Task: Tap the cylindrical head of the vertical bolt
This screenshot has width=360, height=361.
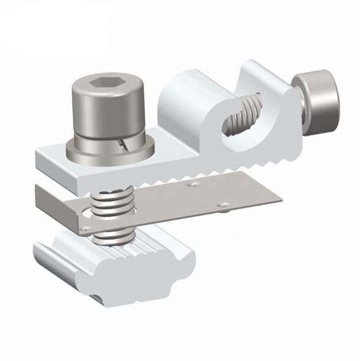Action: [108, 111]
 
